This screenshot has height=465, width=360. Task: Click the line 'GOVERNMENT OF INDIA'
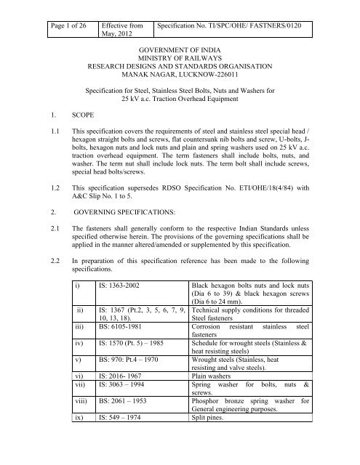[180, 53]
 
